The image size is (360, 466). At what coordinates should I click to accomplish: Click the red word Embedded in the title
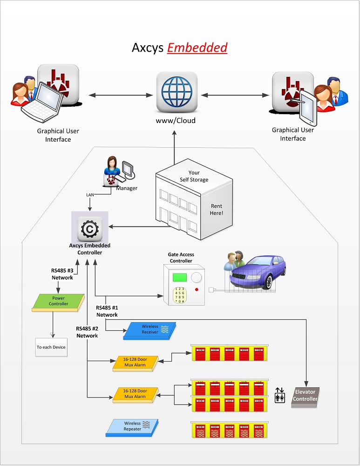[197, 48]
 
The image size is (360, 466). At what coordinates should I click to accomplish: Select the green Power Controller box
[59, 302]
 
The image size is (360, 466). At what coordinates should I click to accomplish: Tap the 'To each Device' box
[51, 347]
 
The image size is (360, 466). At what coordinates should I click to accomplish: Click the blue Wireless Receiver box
[150, 329]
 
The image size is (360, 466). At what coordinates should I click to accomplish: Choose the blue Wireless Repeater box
[132, 426]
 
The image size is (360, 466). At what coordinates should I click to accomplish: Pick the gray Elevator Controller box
[306, 396]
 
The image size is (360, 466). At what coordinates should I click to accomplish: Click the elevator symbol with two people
[279, 395]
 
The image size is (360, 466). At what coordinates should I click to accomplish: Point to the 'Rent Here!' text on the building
[217, 209]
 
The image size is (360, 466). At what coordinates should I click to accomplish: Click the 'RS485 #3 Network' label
[62, 274]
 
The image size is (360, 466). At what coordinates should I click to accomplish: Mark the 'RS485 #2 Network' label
[87, 332]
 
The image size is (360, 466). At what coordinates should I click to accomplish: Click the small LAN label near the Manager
[90, 195]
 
